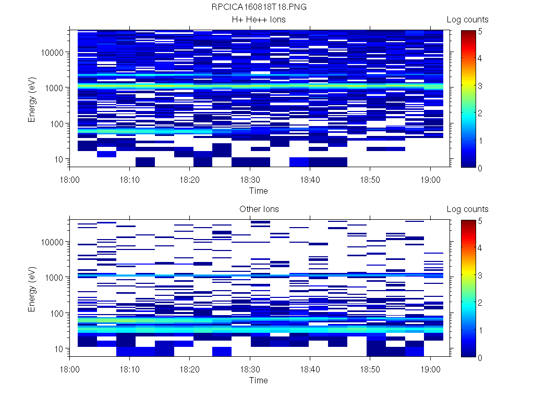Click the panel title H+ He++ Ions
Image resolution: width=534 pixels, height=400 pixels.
[x=259, y=20]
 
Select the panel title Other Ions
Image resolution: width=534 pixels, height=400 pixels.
[x=259, y=209]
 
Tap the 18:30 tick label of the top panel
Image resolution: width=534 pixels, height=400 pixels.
[x=250, y=179]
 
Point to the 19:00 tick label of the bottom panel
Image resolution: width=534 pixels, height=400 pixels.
[x=430, y=369]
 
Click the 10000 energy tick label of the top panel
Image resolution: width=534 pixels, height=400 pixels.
[x=52, y=53]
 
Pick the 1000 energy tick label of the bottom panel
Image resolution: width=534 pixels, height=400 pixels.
[x=54, y=278]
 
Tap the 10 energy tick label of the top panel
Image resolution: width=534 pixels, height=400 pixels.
[x=59, y=159]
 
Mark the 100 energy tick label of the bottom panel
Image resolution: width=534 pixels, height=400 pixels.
[x=56, y=313]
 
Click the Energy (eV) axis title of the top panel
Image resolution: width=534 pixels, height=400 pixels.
[x=32, y=99]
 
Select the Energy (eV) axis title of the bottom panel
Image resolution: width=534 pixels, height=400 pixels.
[x=32, y=289]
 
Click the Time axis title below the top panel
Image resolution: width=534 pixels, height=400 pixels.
[x=258, y=191]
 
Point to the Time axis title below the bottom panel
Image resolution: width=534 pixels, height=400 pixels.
[x=258, y=380]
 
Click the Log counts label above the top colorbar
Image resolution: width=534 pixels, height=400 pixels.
[x=467, y=20]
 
